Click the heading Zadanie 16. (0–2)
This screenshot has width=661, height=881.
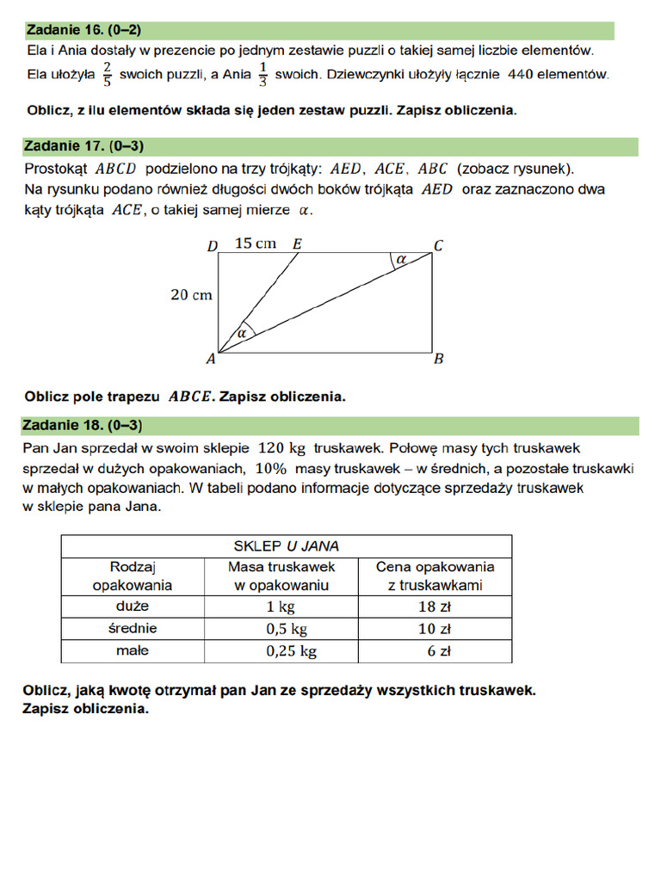(x=83, y=30)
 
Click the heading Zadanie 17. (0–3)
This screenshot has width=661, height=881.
(x=83, y=146)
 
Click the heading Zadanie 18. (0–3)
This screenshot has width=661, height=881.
(x=83, y=425)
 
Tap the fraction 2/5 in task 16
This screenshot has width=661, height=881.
(x=108, y=74)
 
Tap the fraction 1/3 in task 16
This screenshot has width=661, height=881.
(x=263, y=74)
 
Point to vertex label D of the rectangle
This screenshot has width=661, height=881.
(x=213, y=246)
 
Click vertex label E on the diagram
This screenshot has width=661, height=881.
(x=296, y=244)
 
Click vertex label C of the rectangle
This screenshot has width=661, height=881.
(x=438, y=246)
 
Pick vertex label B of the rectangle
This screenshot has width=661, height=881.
(x=438, y=360)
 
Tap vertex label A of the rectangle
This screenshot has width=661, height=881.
(x=212, y=360)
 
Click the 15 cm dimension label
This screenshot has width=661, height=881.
(x=255, y=243)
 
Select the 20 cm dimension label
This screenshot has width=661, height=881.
(x=191, y=295)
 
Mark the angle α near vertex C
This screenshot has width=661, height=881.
(x=401, y=259)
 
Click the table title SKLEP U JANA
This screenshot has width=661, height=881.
(x=286, y=545)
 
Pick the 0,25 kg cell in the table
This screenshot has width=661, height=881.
(x=292, y=651)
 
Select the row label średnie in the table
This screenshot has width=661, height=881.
(x=133, y=628)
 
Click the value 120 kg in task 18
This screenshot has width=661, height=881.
(x=282, y=448)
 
